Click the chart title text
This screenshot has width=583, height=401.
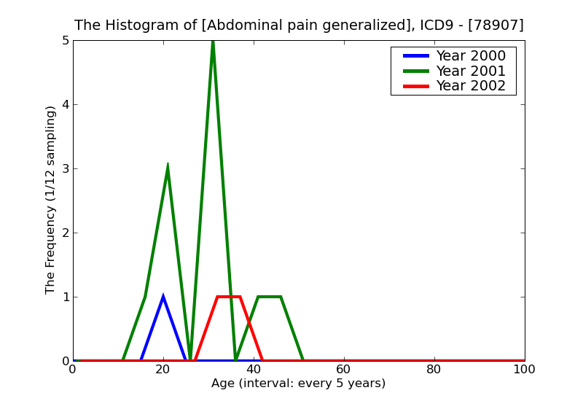click(x=299, y=26)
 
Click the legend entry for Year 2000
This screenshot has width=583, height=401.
click(x=470, y=56)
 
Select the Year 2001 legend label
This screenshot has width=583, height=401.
click(x=470, y=71)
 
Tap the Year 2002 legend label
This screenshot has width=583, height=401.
click(x=470, y=86)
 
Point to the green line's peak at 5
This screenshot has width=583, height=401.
click(x=213, y=42)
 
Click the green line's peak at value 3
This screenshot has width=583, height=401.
click(x=168, y=166)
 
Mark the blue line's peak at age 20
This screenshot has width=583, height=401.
click(x=163, y=297)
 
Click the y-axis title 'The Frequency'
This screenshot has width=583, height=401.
click(x=50, y=200)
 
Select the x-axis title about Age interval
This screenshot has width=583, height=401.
click(x=298, y=384)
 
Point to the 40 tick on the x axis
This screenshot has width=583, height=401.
click(x=254, y=370)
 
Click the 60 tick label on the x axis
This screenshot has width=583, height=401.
click(x=344, y=370)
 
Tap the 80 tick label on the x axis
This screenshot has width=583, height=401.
click(x=434, y=370)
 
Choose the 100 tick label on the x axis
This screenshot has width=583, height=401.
click(x=524, y=370)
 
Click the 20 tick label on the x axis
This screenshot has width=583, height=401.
click(x=163, y=370)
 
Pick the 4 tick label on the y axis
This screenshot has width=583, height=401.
click(x=65, y=105)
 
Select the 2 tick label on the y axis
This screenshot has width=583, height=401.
click(x=65, y=233)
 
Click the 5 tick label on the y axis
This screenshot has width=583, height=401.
click(x=65, y=41)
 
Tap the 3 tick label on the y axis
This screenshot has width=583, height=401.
click(x=65, y=169)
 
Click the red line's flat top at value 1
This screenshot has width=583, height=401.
click(x=228, y=297)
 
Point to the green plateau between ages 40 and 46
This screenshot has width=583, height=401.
click(x=269, y=297)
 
